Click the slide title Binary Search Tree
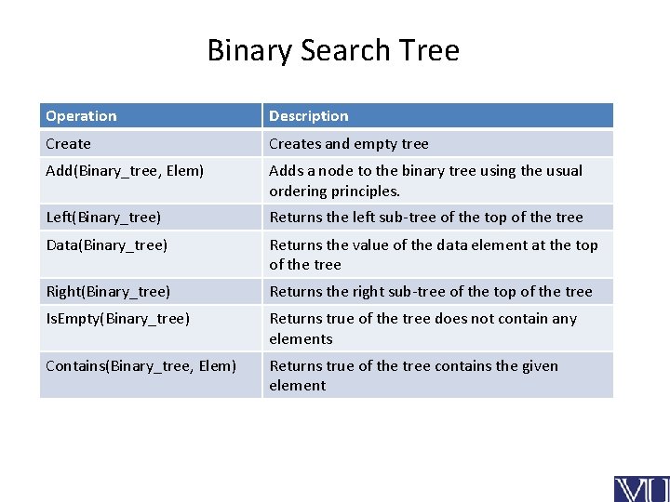333,50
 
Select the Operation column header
82,116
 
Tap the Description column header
309,116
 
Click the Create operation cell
69,144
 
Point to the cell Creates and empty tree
349,144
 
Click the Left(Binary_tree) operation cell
104,218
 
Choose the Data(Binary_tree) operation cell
107,245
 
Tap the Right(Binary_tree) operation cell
109,292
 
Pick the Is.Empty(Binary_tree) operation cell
118,319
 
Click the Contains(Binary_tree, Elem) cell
141,365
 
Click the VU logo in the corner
640,488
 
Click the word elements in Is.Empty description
301,339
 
